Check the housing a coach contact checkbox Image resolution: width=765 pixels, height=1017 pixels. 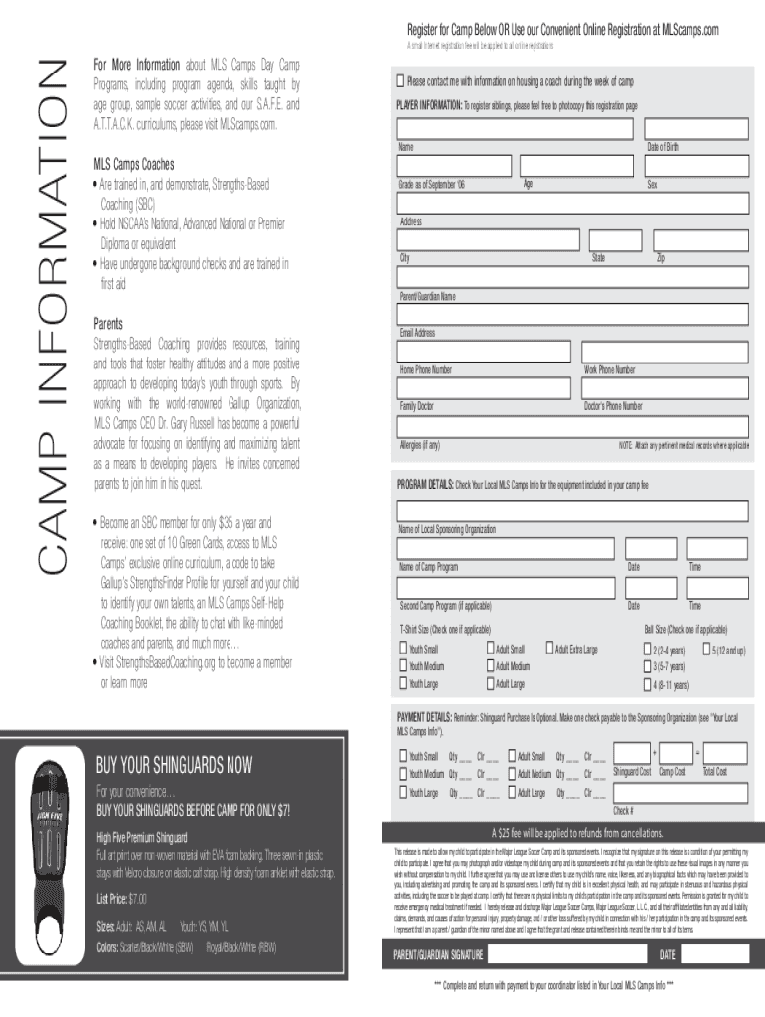(401, 80)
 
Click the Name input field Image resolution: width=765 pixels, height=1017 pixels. (515, 129)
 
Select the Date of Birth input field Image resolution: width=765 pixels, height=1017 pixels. (698, 129)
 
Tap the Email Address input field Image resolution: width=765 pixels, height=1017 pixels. (572, 315)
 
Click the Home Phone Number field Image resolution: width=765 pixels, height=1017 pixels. (484, 352)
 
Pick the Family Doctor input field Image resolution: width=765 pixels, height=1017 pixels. (484, 388)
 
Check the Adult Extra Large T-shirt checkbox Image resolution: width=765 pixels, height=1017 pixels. (548, 649)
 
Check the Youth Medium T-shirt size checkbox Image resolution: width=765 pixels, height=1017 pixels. (403, 666)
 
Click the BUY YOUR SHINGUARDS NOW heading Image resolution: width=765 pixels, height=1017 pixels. (174, 765)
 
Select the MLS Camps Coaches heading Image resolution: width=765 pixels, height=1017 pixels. (134, 164)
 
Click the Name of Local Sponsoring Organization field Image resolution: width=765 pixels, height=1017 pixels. (572, 511)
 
